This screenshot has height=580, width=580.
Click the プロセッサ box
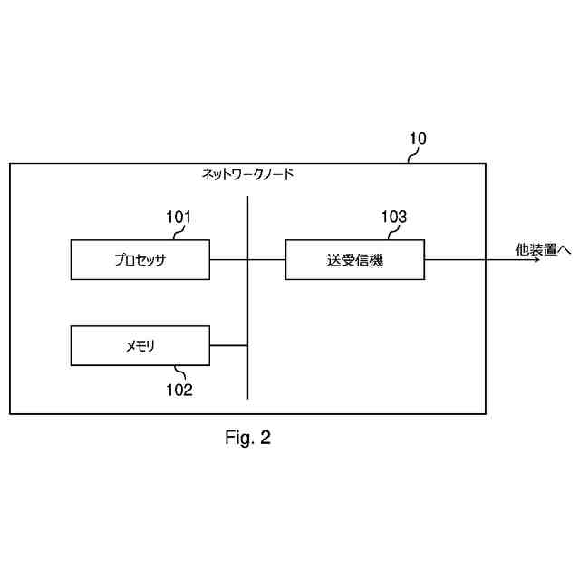tap(140, 260)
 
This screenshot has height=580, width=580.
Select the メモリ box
tap(140, 346)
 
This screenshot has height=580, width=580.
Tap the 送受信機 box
tap(355, 260)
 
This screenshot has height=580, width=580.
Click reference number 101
tap(179, 217)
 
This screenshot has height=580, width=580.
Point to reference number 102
tap(179, 391)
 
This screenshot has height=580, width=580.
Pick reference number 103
tap(393, 217)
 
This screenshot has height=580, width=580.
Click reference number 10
tap(417, 139)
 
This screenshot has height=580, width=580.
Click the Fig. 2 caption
tap(247, 439)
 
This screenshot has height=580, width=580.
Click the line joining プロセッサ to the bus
tap(228, 260)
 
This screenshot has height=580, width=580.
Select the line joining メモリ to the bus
tap(228, 346)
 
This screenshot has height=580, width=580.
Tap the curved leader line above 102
tap(178, 372)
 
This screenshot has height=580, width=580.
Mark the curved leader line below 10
tap(411, 156)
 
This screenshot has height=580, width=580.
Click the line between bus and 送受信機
tap(267, 260)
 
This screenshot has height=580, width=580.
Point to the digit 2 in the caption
tap(265, 439)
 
